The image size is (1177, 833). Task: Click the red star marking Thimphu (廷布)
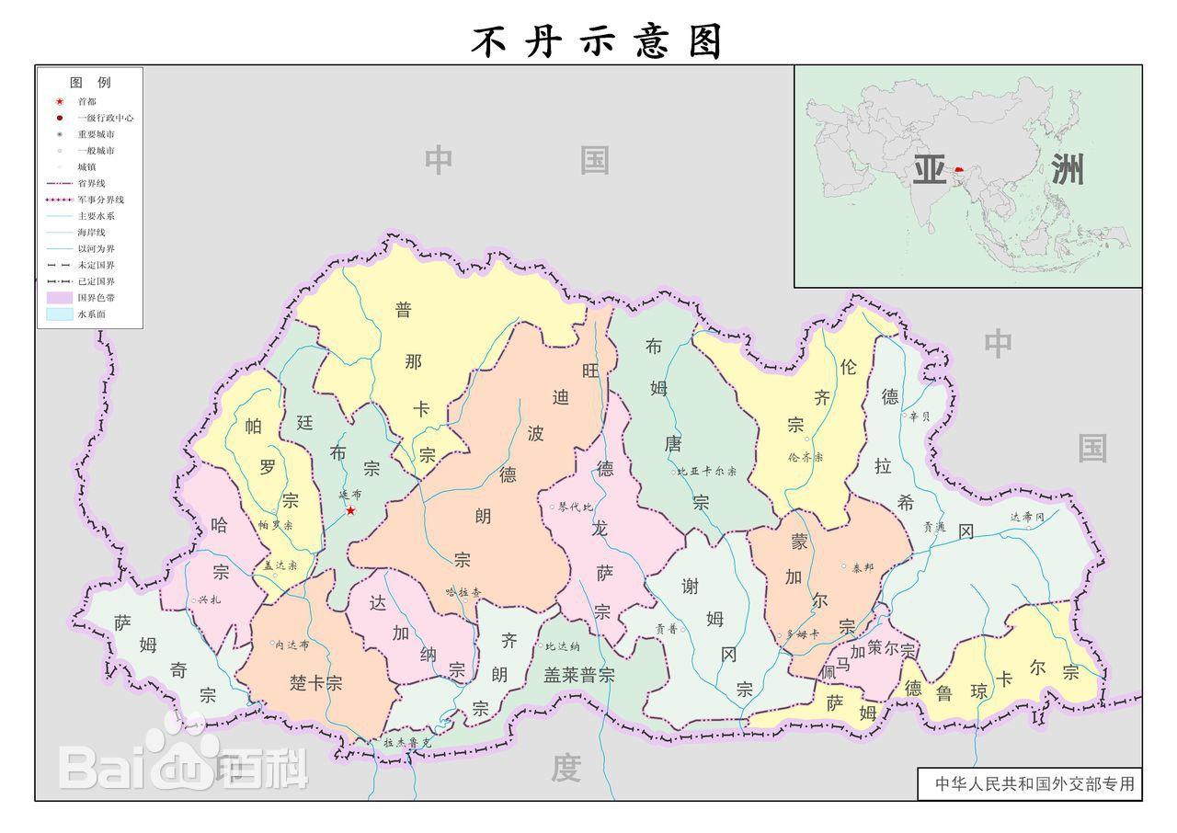click(x=350, y=510)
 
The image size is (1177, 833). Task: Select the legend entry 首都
click(x=86, y=101)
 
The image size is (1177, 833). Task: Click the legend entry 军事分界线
click(x=100, y=200)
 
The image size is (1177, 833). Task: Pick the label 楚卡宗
click(x=315, y=683)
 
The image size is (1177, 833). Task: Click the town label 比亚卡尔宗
click(x=706, y=472)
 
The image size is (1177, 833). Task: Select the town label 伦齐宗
click(x=806, y=457)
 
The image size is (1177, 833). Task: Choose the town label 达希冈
click(x=1027, y=518)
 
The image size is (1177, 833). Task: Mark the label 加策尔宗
click(x=882, y=649)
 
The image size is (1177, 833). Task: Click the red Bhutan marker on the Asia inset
click(x=959, y=170)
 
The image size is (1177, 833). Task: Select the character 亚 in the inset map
click(x=929, y=170)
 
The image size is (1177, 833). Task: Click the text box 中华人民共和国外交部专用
click(x=1034, y=784)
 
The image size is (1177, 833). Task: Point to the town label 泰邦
click(x=863, y=567)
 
